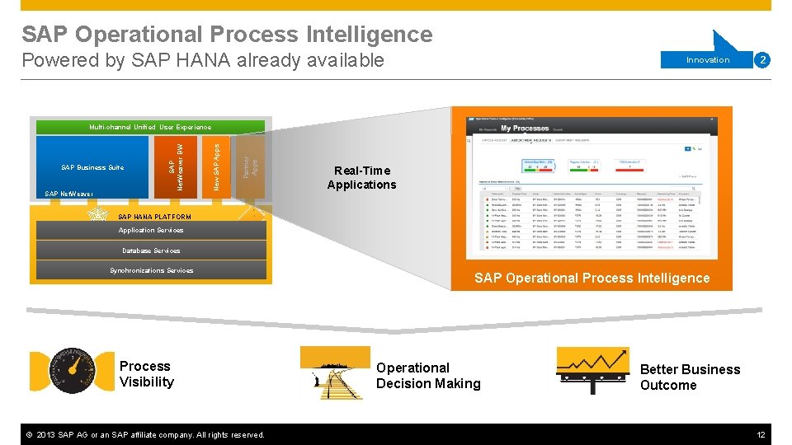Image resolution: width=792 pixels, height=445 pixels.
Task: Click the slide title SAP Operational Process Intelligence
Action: coord(227,35)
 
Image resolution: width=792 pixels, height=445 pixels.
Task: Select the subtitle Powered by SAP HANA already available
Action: coord(203,60)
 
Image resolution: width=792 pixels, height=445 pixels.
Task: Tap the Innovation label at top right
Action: coord(708,60)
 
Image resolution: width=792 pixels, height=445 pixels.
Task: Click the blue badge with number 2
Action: coord(763,60)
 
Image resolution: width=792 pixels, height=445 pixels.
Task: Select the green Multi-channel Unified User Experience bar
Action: coord(149,127)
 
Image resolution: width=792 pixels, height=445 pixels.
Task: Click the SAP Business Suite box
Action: coord(92,167)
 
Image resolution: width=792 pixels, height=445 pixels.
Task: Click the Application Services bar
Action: coord(151,231)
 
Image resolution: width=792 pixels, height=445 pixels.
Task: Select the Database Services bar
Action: coord(151,251)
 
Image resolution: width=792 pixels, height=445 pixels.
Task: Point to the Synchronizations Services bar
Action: coord(151,270)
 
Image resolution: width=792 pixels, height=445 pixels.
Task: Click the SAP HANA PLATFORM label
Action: coord(154,217)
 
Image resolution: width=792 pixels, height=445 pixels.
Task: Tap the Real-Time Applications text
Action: coord(361,178)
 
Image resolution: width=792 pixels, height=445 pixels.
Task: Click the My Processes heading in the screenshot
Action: coord(525,129)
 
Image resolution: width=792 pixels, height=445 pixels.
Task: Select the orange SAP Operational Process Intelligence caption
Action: coord(592,279)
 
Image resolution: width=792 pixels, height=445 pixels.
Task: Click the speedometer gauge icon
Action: coord(73,372)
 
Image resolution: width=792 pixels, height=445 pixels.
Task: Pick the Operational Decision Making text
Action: coord(427,376)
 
